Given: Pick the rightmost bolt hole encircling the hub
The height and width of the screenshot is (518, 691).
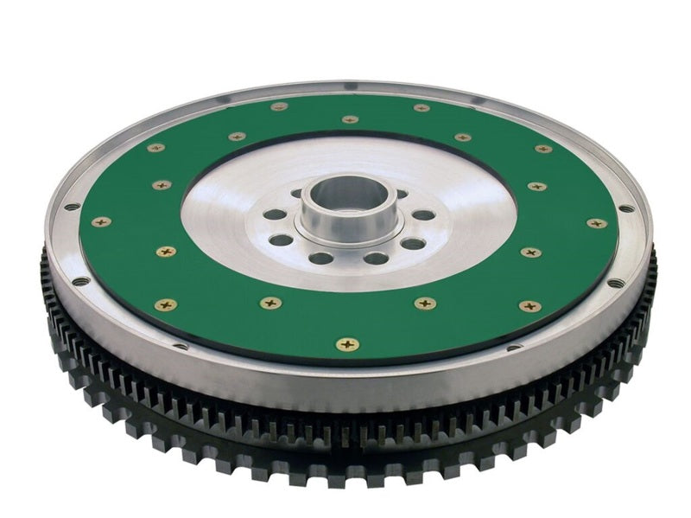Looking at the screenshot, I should (x=424, y=214).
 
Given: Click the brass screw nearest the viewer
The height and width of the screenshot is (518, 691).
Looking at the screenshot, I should (x=347, y=344).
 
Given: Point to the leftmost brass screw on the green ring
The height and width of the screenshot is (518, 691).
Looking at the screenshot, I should (x=101, y=221).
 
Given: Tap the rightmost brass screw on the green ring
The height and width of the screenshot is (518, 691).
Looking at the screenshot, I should (x=596, y=223).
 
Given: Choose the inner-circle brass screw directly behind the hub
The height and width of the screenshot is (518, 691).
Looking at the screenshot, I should (x=349, y=119).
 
